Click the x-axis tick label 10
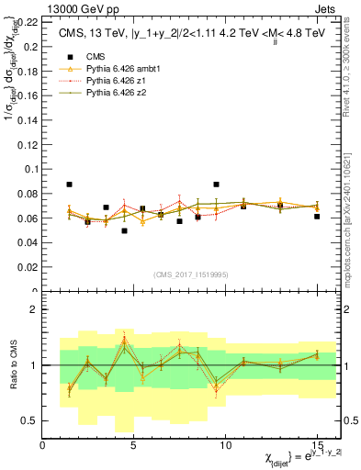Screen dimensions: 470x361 (x=225, y=446)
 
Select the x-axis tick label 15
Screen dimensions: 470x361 (x=316, y=446)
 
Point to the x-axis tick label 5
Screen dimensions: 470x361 (x=134, y=446)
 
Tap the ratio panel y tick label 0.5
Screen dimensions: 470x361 (x=29, y=420)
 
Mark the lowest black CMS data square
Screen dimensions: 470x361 (x=124, y=230)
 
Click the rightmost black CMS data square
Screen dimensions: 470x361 (x=317, y=217)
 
